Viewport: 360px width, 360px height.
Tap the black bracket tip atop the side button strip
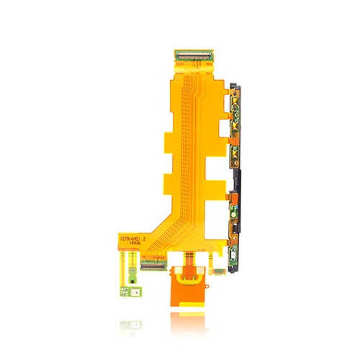coord(235,87)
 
